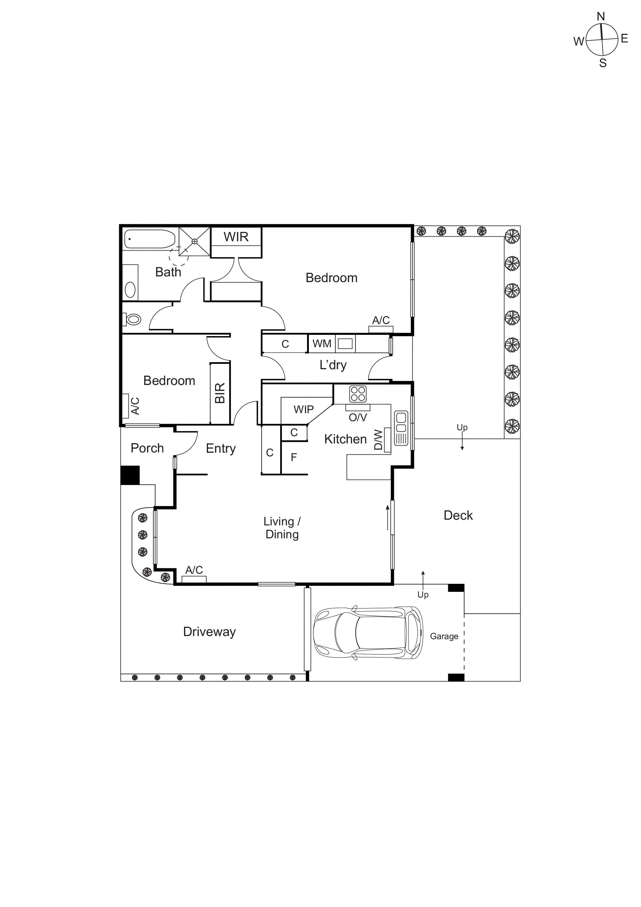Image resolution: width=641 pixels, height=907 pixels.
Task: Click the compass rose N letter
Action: click(600, 17)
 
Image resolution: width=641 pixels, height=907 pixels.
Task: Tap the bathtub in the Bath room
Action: click(149, 239)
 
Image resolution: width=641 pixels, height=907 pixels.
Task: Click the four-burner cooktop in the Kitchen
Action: click(358, 394)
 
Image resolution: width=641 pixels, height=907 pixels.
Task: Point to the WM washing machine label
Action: click(322, 344)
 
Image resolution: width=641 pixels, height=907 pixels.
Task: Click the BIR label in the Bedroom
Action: click(220, 393)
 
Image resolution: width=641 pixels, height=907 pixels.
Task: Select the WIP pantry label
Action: click(303, 409)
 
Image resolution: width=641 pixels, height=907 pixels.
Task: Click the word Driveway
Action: click(209, 631)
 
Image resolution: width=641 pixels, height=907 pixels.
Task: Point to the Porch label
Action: click(147, 448)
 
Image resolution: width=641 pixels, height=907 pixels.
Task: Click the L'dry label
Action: click(333, 365)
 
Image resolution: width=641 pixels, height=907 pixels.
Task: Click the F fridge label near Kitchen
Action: click(293, 457)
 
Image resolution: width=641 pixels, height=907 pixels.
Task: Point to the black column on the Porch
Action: click(130, 475)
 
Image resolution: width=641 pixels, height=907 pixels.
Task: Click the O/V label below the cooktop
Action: click(357, 417)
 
